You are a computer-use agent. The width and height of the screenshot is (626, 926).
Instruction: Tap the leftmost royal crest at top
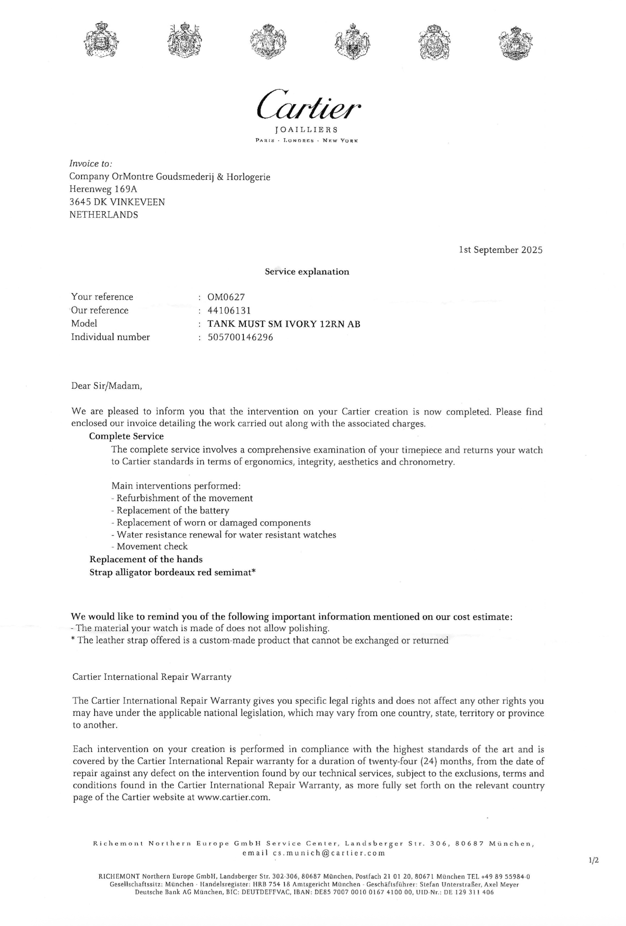click(x=102, y=39)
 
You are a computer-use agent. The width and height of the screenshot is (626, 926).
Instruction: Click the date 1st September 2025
click(x=501, y=250)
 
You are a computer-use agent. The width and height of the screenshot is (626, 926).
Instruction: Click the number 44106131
click(x=229, y=310)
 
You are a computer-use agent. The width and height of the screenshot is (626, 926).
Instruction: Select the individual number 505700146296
click(x=240, y=337)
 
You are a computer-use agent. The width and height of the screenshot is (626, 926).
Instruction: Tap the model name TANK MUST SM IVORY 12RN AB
click(x=283, y=324)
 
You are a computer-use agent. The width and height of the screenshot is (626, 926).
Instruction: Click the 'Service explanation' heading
click(x=307, y=271)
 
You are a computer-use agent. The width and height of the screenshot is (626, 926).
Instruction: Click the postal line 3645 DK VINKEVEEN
click(x=117, y=202)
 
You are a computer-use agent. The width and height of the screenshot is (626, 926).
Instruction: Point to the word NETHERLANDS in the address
click(x=104, y=215)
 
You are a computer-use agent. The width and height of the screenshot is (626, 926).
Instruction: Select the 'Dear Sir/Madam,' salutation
click(x=107, y=386)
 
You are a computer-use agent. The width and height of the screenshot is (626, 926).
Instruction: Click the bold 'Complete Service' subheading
click(x=126, y=436)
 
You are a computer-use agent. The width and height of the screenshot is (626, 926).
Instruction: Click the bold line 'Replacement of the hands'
click(x=146, y=559)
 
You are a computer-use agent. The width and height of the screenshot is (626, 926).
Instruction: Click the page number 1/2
click(x=593, y=860)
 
